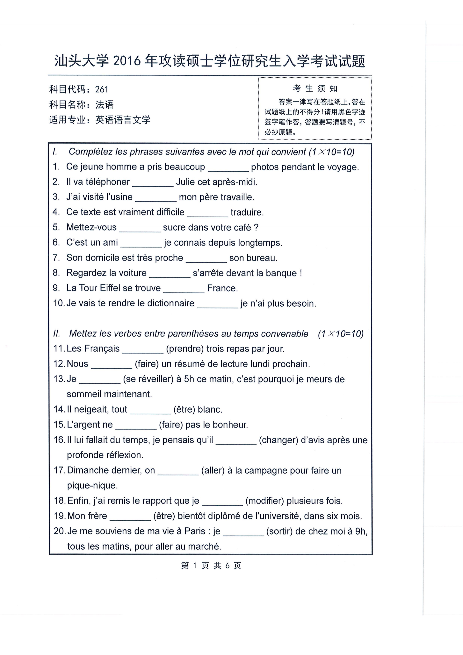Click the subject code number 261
tap(102, 89)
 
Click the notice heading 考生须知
tap(315, 89)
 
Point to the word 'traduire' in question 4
tap(247, 213)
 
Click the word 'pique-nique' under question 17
tap(92, 486)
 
